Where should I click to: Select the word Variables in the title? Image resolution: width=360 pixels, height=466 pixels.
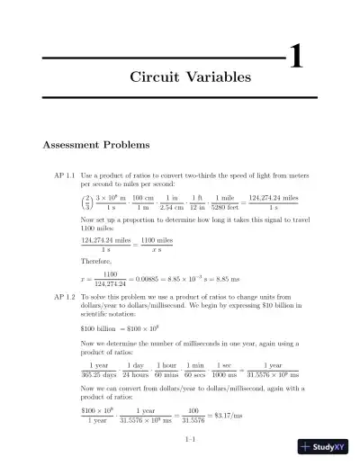point(220,78)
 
